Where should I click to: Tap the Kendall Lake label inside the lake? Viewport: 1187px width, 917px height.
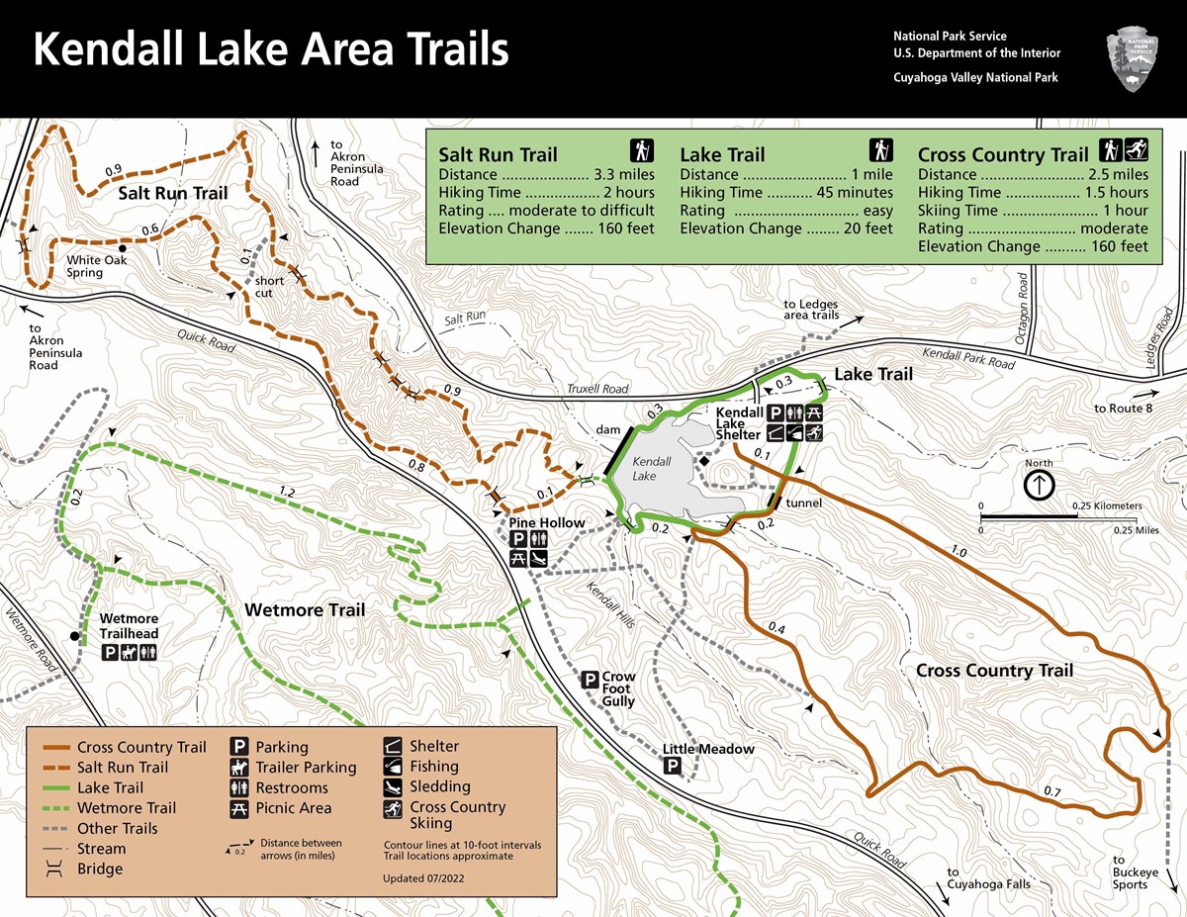click(x=652, y=469)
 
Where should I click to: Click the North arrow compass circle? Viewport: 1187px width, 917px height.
click(x=1040, y=485)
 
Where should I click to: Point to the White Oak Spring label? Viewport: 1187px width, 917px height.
click(x=85, y=267)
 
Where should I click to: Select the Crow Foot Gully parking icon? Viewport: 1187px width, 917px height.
click(x=590, y=680)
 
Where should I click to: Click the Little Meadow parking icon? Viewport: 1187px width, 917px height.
click(x=673, y=767)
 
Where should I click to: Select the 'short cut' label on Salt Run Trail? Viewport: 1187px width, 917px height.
click(x=269, y=287)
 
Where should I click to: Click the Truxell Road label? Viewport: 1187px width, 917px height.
click(x=598, y=389)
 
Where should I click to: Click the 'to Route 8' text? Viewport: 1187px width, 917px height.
click(x=1123, y=409)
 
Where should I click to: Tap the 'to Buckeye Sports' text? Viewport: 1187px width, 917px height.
click(x=1130, y=871)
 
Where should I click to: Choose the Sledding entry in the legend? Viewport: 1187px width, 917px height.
click(x=440, y=786)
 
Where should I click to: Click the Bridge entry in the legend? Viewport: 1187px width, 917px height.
click(x=100, y=869)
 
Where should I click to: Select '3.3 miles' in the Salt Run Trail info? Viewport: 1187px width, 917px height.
click(x=623, y=174)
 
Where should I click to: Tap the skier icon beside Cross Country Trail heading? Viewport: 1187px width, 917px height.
click(x=1137, y=151)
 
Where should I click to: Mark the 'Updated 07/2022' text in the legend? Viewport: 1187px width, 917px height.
click(x=423, y=877)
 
